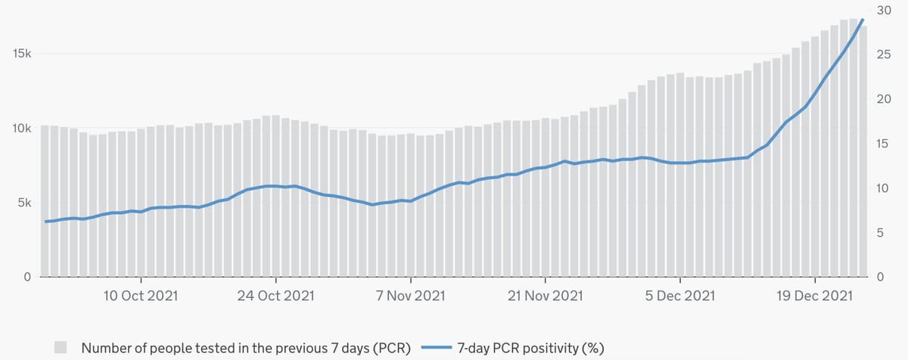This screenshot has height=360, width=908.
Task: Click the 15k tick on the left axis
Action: [20, 54]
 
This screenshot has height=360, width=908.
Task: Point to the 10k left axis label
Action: [20, 129]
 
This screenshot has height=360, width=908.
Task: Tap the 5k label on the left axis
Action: [23, 203]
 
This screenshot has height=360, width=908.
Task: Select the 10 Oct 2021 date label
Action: [141, 296]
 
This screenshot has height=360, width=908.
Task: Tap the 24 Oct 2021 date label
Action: [275, 296]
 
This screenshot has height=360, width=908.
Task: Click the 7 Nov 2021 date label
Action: [410, 296]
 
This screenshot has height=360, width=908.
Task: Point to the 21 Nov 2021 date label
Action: [545, 296]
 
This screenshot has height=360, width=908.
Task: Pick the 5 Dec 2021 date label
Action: [679, 296]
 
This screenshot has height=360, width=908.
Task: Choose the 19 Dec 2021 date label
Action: [814, 296]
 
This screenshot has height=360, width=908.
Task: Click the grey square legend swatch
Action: [61, 348]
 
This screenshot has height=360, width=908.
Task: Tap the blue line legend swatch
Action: [435, 348]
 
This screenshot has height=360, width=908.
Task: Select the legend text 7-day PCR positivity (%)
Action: [530, 348]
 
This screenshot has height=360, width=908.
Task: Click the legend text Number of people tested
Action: [246, 348]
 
